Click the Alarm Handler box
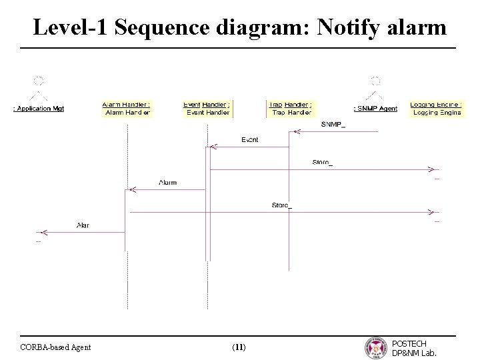(x=127, y=109)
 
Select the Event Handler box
(x=207, y=109)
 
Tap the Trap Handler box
(x=290, y=109)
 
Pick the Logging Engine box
(x=437, y=109)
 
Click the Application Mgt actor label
(x=39, y=109)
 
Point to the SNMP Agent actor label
(x=375, y=109)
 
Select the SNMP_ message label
(x=333, y=125)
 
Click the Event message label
(x=249, y=140)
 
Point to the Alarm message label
(x=168, y=182)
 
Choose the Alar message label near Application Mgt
(x=83, y=225)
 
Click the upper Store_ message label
(x=322, y=163)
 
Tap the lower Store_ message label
(x=281, y=205)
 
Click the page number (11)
(x=239, y=347)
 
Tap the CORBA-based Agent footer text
(x=56, y=347)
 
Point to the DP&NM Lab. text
(x=415, y=353)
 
